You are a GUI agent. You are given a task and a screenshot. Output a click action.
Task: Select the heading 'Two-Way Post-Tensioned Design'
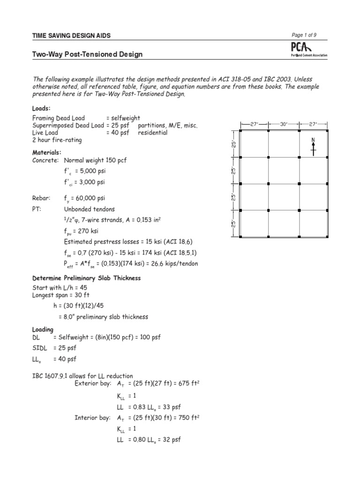[87, 54]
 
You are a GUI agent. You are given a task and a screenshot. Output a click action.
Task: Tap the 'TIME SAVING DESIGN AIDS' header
[71, 36]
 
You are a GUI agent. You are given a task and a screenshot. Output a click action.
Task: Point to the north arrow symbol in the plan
[313, 146]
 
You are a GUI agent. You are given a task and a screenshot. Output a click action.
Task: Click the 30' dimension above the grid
[284, 124]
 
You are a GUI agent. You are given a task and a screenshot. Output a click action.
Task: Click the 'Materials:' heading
[47, 152]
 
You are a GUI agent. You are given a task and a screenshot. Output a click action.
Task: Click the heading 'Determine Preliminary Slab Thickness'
[86, 278]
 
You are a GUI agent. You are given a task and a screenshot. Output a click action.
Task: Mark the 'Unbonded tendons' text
[89, 209]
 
